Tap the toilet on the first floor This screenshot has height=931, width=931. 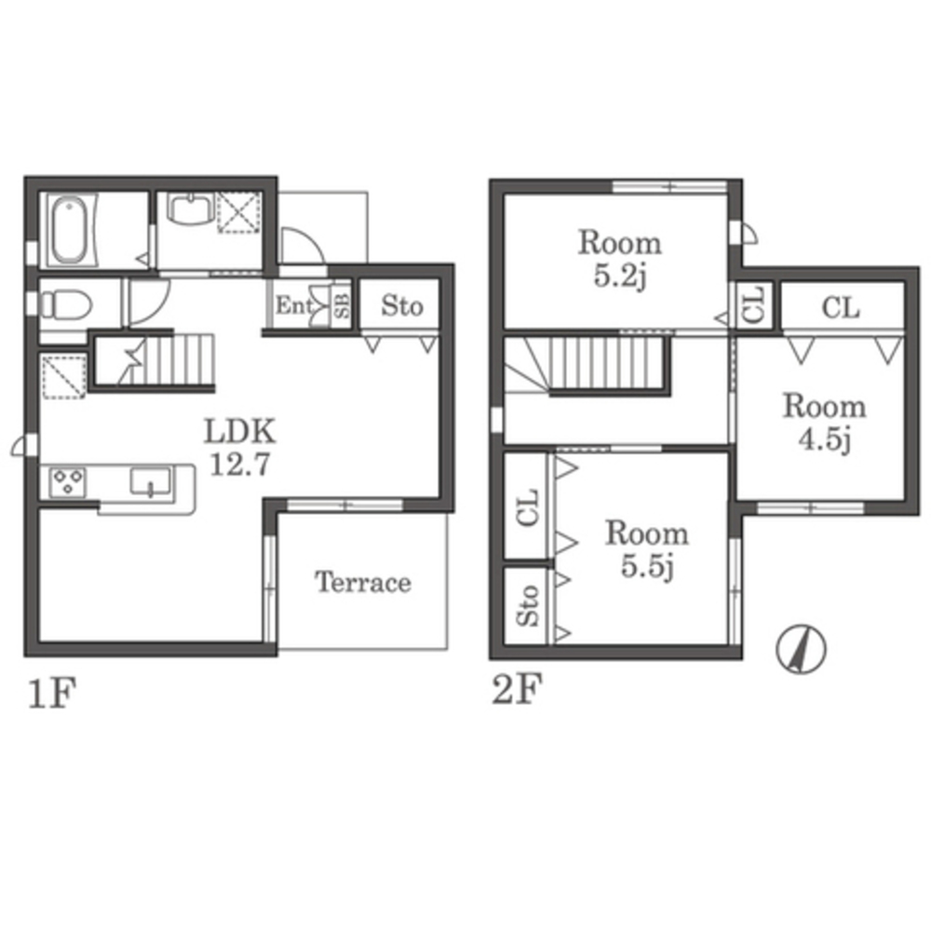65,305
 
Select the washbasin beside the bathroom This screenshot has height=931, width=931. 190,209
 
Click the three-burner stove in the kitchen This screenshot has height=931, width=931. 68,482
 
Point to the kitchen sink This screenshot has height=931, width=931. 150,481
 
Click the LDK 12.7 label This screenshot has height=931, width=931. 240,447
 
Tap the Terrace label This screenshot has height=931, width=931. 363,582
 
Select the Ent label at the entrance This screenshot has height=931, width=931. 293,305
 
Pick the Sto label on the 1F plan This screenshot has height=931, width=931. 402,305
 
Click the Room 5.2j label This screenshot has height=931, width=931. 620,260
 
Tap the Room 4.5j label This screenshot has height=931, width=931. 825,424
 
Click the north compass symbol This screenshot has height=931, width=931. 801,648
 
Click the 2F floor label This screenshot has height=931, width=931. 517,689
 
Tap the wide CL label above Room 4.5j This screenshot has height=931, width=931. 840,307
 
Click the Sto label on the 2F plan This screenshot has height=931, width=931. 527,606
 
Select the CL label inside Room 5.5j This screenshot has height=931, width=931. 527,507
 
